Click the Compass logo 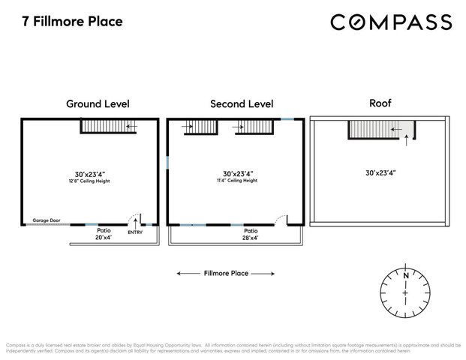click(391, 22)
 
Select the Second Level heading click(242, 103)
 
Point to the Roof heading click(380, 103)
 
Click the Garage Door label click(46, 220)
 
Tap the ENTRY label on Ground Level click(135, 232)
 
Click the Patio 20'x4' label click(102, 234)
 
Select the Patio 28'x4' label click(250, 234)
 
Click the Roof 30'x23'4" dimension click(381, 172)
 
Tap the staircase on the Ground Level click(110, 126)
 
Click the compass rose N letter click(405, 275)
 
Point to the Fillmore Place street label click(226, 273)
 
